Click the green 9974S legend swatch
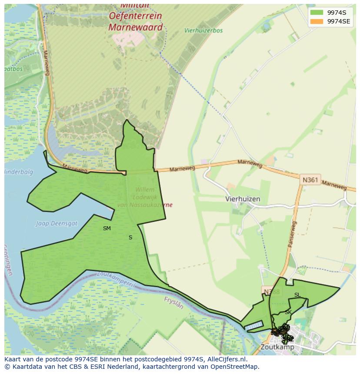(317, 12)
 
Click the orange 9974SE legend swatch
(317, 21)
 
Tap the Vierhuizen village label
(243, 199)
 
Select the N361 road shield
(311, 179)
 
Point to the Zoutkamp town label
(277, 347)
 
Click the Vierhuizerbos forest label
(203, 31)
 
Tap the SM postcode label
(107, 228)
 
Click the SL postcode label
(297, 295)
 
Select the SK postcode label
(288, 312)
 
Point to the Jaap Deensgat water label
(57, 224)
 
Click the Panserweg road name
(292, 235)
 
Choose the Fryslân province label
(174, 303)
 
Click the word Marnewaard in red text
(135, 27)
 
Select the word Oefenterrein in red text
(135, 16)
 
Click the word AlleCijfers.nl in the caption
(227, 359)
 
